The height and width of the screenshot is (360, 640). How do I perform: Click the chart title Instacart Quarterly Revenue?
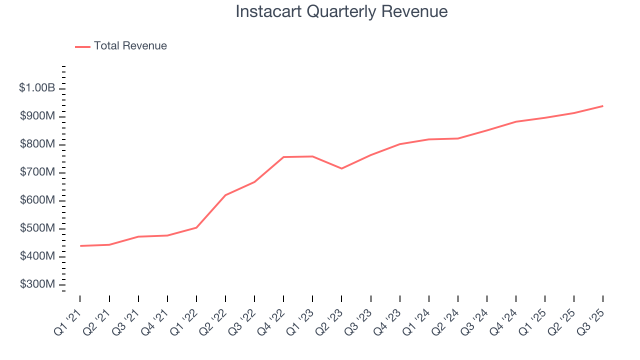(x=341, y=11)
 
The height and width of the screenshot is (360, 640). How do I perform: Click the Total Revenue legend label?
(x=130, y=46)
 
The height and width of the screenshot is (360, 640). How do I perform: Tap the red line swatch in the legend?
(x=82, y=46)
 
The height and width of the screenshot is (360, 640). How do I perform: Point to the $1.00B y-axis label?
(x=37, y=88)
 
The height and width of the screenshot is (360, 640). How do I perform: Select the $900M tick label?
(x=37, y=116)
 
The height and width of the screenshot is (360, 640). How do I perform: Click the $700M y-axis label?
(x=37, y=172)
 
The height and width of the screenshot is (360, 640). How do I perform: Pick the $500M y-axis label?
(x=37, y=228)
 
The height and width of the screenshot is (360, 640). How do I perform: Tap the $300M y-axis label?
(x=37, y=284)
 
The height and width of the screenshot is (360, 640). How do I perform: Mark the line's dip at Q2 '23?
(x=341, y=168)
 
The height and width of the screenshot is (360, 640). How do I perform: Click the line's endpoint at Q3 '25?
(x=602, y=106)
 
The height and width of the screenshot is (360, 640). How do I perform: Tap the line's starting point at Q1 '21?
(x=80, y=246)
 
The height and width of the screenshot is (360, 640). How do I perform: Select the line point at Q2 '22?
(x=225, y=195)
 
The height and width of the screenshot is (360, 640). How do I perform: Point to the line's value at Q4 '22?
(x=283, y=157)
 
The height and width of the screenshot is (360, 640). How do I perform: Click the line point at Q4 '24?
(x=515, y=121)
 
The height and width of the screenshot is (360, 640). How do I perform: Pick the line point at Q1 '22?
(x=196, y=227)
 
